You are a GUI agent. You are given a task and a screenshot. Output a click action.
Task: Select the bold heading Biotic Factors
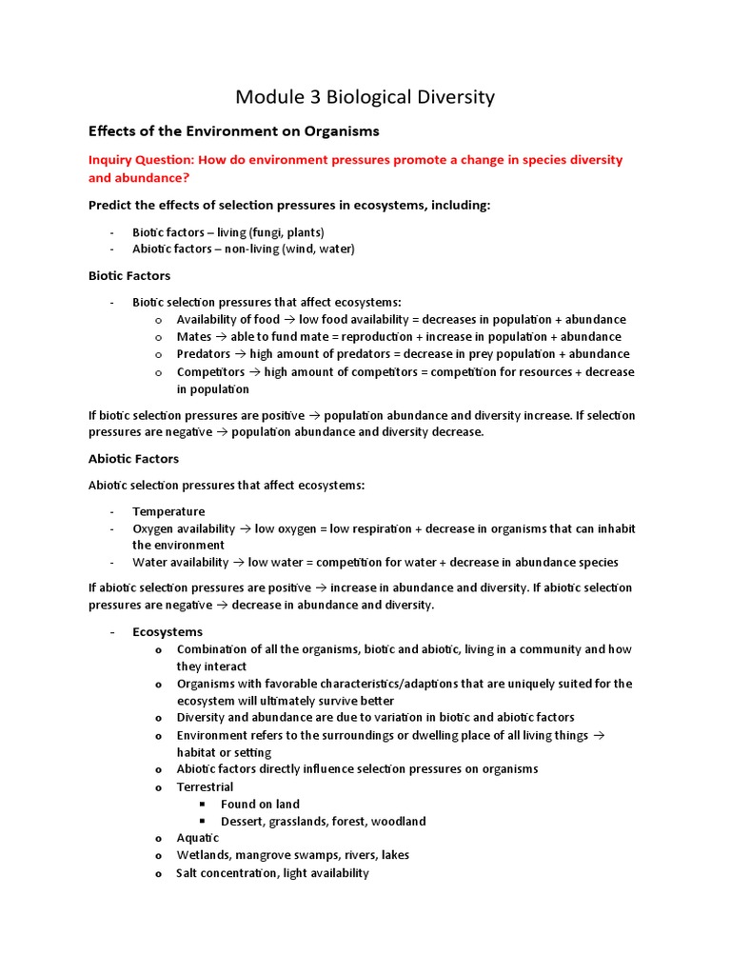[x=129, y=275]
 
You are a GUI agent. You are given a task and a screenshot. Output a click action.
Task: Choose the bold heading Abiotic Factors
[x=133, y=458]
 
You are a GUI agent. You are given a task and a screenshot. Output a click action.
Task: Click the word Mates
[x=194, y=336]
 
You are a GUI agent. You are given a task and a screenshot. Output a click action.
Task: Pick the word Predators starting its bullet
[x=204, y=353]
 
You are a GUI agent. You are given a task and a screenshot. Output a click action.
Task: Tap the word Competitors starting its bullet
[x=209, y=371]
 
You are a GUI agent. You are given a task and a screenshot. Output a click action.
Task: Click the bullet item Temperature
[x=168, y=511]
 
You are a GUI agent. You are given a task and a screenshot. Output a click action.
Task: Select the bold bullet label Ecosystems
[x=168, y=631]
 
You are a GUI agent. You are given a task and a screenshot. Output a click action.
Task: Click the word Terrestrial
[x=205, y=786]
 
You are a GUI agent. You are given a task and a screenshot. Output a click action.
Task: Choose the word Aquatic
[x=197, y=838]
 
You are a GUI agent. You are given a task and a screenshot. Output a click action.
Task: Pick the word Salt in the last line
[x=189, y=872]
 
